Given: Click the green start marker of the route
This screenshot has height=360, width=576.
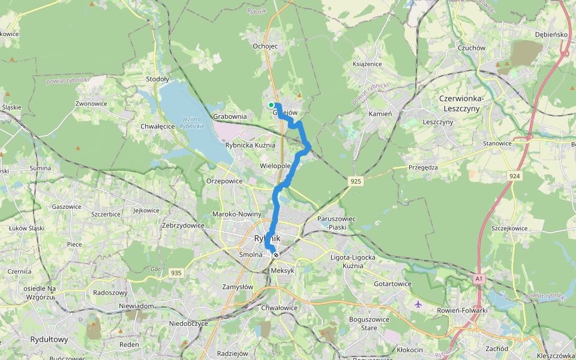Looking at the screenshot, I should click(x=271, y=105).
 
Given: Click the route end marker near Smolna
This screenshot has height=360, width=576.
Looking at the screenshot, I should click(x=276, y=256).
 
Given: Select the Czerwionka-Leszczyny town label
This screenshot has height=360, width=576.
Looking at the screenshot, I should click(x=467, y=103).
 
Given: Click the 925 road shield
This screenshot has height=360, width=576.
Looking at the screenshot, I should click(x=356, y=181).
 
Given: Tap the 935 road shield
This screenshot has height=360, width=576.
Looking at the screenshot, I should click(x=176, y=273).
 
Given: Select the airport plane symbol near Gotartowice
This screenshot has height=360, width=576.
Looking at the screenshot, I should click(x=418, y=304).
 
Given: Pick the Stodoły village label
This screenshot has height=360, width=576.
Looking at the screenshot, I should click(x=158, y=79).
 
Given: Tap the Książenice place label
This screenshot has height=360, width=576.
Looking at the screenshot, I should click(x=367, y=64).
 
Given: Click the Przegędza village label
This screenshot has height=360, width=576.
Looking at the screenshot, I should click(x=424, y=168).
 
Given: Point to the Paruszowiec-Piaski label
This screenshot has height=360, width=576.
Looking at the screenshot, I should click(x=338, y=223).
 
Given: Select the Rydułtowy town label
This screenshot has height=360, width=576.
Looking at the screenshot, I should click(x=49, y=340).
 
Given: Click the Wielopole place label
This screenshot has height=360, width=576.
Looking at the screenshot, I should click(x=275, y=165).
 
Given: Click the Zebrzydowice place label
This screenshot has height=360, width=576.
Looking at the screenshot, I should click(x=183, y=226).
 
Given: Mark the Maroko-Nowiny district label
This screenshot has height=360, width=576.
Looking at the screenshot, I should click(x=237, y=214).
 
